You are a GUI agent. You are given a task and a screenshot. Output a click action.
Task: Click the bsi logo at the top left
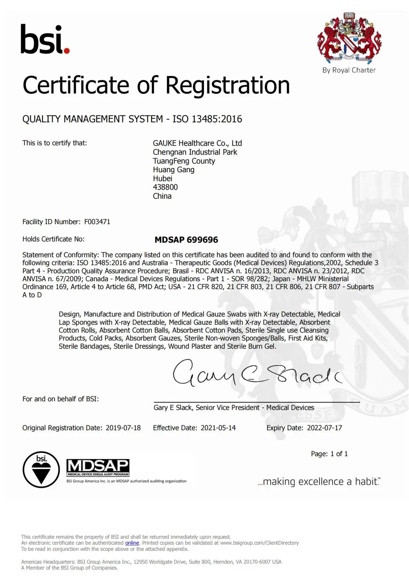click(x=45, y=39)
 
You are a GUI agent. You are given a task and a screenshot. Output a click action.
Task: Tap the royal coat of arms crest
click(x=349, y=38)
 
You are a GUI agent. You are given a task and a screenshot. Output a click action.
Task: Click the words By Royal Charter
click(x=349, y=70)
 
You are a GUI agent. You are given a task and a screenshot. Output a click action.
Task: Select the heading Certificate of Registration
click(x=156, y=85)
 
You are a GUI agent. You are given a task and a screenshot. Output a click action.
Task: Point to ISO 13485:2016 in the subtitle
click(x=207, y=119)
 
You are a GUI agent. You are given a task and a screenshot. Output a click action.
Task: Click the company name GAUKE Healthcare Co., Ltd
click(x=197, y=143)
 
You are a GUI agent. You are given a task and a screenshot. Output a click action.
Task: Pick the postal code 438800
click(x=165, y=187)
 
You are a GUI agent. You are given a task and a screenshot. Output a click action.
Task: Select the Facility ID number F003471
click(x=97, y=222)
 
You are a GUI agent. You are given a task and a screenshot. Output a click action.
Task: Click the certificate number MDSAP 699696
click(x=186, y=240)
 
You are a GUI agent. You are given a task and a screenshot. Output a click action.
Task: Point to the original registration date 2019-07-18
click(x=123, y=428)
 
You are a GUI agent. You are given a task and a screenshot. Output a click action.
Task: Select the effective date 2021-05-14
click(x=218, y=428)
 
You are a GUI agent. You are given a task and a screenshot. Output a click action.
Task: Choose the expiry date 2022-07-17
click(x=324, y=428)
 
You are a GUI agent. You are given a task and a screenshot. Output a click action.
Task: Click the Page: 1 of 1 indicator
click(x=329, y=453)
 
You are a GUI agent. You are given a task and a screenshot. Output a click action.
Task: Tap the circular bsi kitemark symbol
click(x=41, y=469)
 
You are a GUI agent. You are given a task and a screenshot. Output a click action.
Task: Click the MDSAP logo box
click(x=98, y=467)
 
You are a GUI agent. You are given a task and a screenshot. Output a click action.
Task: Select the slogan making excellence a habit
click(x=319, y=481)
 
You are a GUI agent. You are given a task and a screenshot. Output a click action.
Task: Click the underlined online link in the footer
click(x=132, y=543)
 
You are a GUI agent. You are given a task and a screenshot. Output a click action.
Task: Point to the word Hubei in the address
click(x=162, y=178)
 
